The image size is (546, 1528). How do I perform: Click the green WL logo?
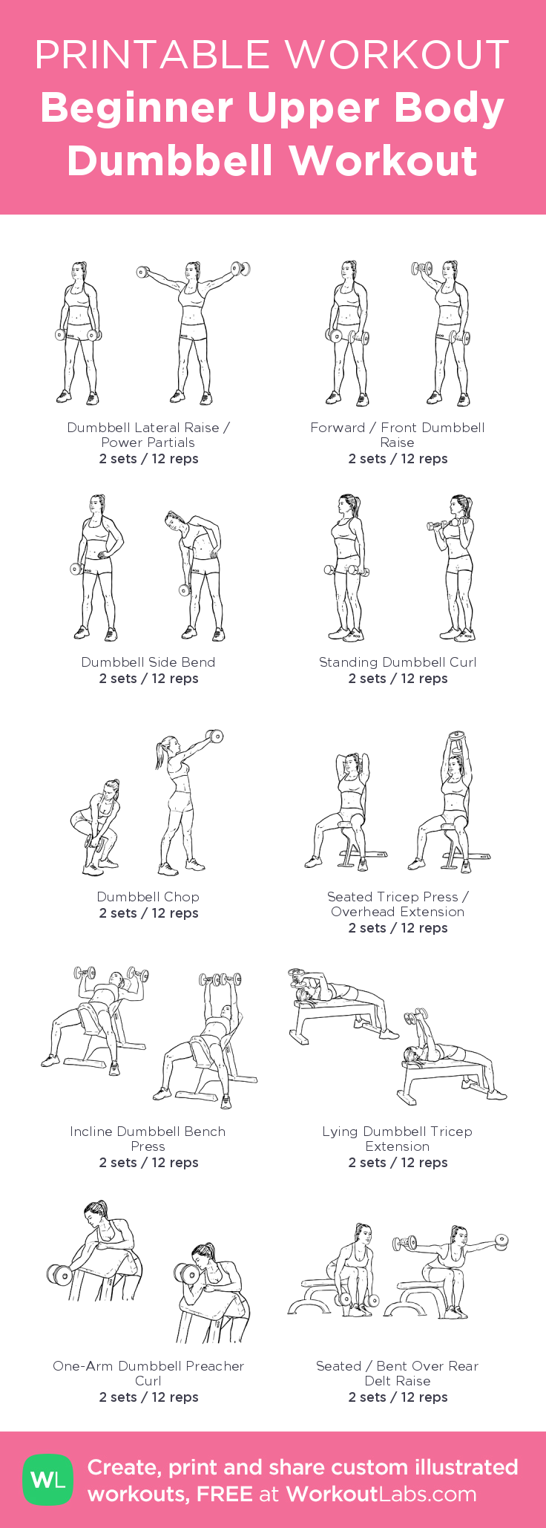(x=48, y=1480)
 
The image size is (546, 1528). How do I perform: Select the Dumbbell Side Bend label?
(x=148, y=662)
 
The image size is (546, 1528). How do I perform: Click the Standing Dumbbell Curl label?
(x=398, y=662)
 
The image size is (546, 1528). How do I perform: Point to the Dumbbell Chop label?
(x=148, y=897)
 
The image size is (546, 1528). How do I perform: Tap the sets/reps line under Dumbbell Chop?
(x=148, y=913)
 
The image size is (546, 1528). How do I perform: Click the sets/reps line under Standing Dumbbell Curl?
(x=398, y=679)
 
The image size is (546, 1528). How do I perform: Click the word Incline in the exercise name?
(x=91, y=1132)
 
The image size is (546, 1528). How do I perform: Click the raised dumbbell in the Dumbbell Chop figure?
(x=214, y=737)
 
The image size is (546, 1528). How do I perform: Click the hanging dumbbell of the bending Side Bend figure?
(x=184, y=590)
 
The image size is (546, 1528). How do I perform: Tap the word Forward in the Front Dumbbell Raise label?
(x=338, y=428)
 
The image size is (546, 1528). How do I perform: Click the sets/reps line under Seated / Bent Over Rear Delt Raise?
(x=398, y=1397)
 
